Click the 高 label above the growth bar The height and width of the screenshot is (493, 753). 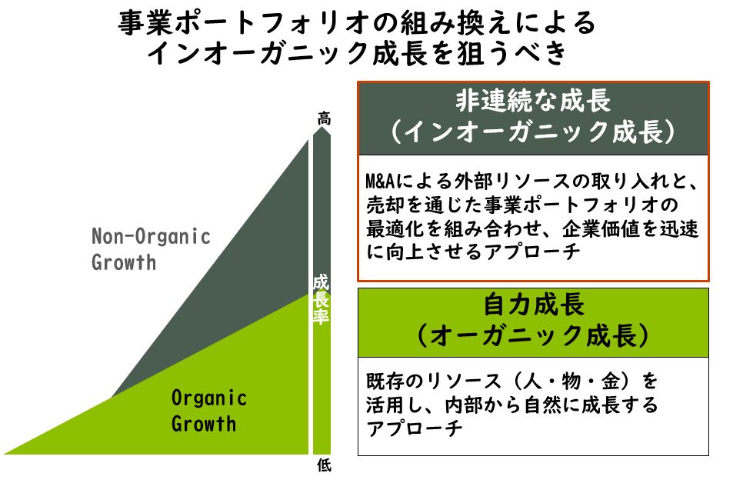point(324,118)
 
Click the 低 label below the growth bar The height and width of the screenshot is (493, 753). point(324,465)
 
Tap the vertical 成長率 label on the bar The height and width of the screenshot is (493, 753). point(322,299)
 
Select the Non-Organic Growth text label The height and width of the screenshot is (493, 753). point(151,249)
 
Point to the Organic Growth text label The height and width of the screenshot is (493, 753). point(209,411)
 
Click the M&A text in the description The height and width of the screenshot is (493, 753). point(380,182)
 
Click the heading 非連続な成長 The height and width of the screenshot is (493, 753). point(533,101)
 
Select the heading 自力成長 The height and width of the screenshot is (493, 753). point(534,305)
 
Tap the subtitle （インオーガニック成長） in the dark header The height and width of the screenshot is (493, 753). point(533,131)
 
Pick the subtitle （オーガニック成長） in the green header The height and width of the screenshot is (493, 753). point(533,335)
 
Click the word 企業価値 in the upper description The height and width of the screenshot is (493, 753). point(601,228)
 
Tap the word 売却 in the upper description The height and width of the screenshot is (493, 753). point(385,205)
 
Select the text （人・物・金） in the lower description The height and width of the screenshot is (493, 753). point(572,381)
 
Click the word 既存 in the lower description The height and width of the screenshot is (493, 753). point(385,381)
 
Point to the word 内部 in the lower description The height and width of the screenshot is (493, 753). point(464,405)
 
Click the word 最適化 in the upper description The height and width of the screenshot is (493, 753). point(395,228)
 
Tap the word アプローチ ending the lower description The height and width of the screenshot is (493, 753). point(414,428)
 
